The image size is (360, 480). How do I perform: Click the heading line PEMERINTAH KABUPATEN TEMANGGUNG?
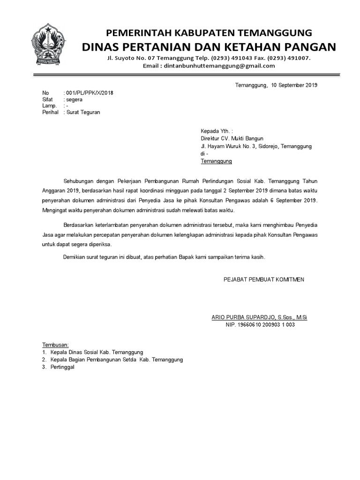[x=209, y=33]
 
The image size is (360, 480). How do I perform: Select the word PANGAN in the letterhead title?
[x=313, y=46]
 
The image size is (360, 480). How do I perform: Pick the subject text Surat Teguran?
[x=83, y=112]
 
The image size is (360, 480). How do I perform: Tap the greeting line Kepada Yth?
[x=216, y=131]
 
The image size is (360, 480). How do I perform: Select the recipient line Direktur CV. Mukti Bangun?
[x=232, y=139]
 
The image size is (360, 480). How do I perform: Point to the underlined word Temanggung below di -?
[x=216, y=161]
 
